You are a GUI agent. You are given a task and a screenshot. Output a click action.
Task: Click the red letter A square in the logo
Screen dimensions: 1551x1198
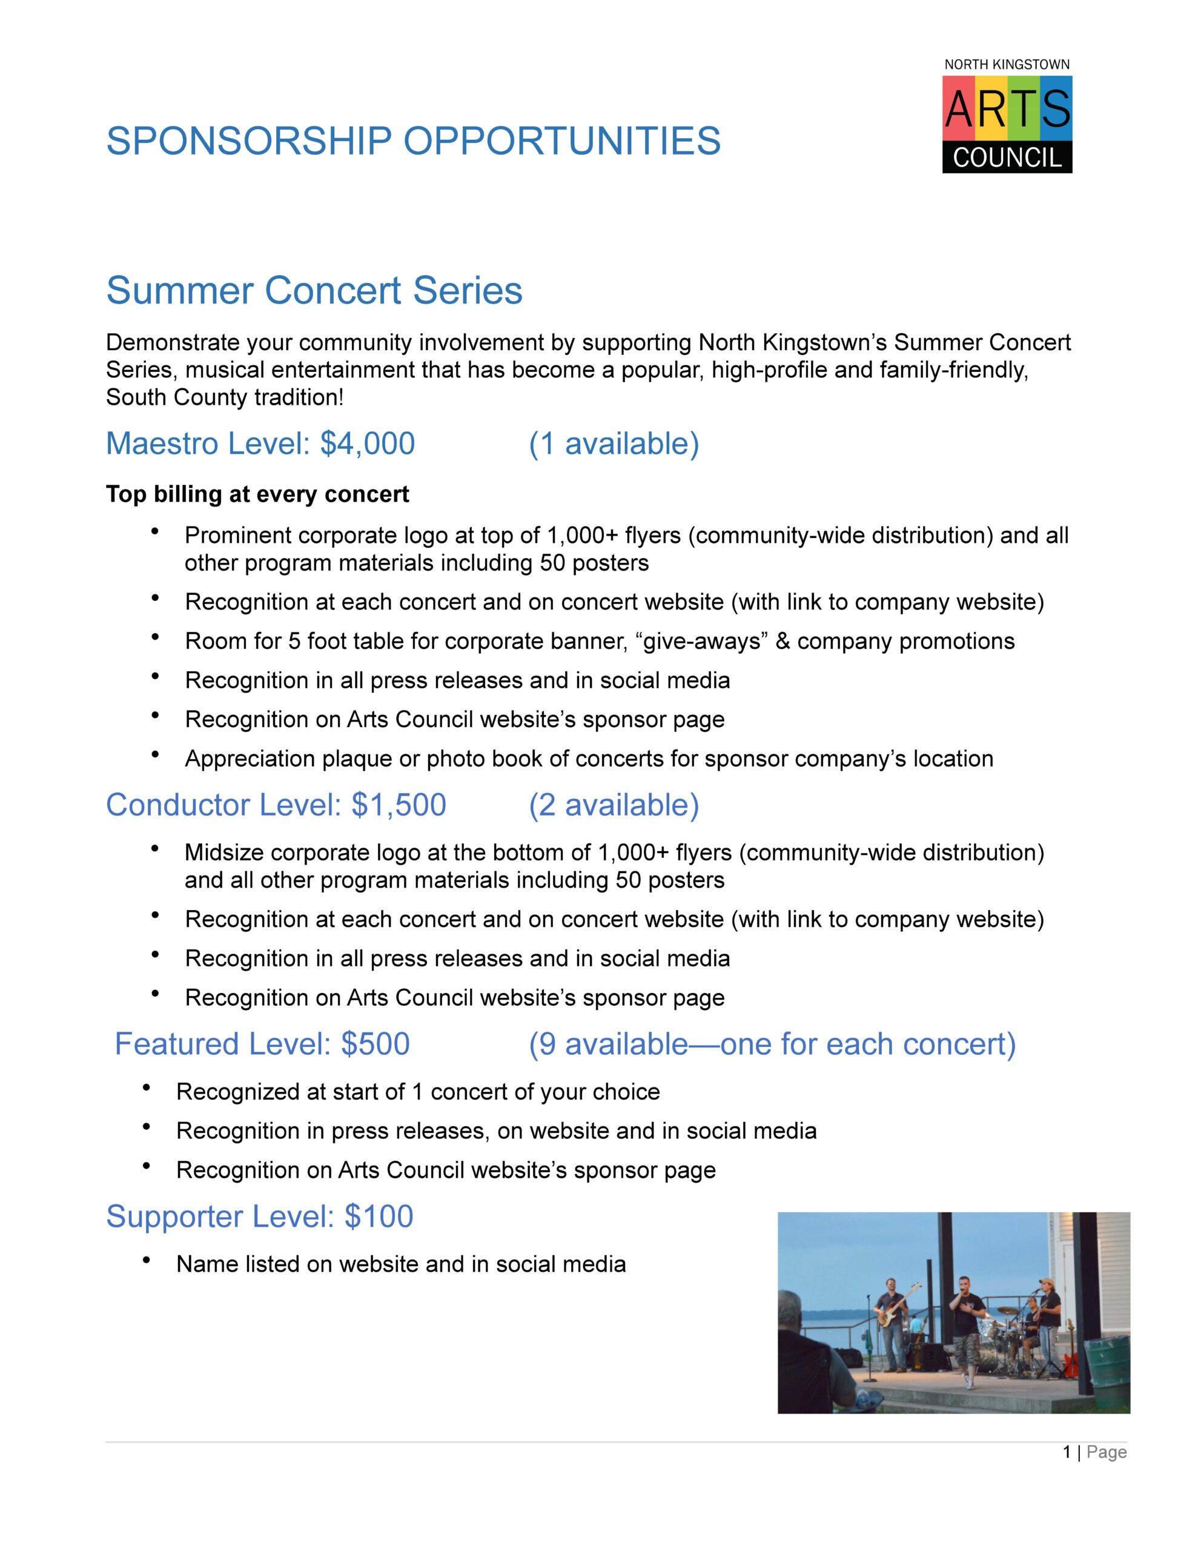click(x=959, y=108)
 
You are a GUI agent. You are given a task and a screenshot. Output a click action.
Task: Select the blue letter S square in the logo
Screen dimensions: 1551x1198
click(x=1057, y=108)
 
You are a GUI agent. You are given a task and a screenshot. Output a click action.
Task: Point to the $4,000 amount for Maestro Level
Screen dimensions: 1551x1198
click(x=367, y=444)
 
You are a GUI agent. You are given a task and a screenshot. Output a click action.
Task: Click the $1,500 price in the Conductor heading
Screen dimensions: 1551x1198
click(x=399, y=805)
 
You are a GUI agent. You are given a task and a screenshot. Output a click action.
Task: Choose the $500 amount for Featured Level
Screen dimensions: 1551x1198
click(x=375, y=1045)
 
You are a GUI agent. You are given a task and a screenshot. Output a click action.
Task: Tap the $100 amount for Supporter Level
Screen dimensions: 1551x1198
click(x=379, y=1217)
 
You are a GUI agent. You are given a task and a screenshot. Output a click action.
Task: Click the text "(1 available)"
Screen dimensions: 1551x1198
click(x=614, y=444)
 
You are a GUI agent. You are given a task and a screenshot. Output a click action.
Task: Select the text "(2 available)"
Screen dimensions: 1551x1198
click(x=614, y=805)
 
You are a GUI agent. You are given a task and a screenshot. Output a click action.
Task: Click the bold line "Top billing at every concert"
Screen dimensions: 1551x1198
click(x=257, y=494)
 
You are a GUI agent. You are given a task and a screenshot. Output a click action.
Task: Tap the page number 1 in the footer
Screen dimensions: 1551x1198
click(x=1067, y=1452)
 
